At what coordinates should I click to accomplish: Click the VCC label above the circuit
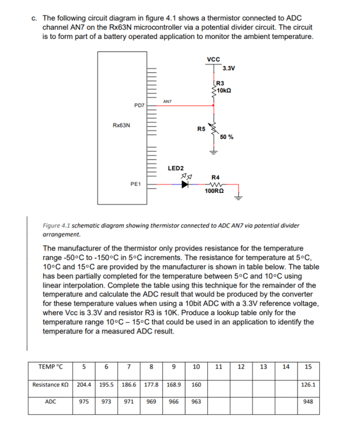coord(213,59)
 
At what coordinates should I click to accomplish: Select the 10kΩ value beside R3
coord(225,90)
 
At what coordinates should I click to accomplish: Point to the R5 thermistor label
coord(201,129)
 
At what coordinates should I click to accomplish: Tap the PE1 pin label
coord(135,183)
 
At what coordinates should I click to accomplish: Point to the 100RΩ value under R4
coord(214,191)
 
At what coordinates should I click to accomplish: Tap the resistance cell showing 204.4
coord(84,384)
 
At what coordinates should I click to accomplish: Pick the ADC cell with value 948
coord(308,402)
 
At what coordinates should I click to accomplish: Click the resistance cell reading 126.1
coord(308,384)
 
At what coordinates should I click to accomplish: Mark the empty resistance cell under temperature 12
coord(241,384)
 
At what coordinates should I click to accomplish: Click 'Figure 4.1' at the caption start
coord(56,226)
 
